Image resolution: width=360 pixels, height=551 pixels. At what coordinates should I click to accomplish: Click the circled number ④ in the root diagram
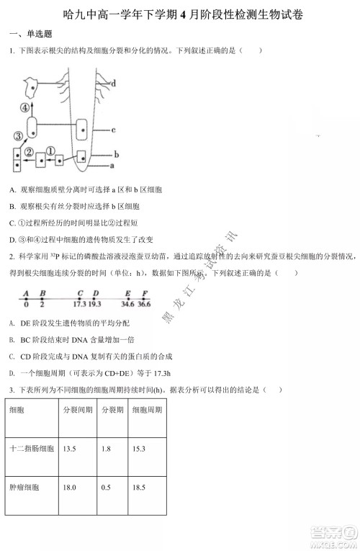point(26,107)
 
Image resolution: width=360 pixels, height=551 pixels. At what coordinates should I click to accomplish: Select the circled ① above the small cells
point(51,150)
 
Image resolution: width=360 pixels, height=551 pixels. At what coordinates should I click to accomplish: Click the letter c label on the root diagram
point(114,130)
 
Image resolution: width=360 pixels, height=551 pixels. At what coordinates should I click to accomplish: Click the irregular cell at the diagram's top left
point(32,85)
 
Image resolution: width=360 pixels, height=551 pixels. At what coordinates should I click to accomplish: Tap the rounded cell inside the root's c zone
point(84,127)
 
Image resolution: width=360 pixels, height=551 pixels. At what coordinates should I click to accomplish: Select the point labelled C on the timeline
point(79,293)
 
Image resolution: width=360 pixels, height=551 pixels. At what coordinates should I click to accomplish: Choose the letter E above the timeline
point(127,293)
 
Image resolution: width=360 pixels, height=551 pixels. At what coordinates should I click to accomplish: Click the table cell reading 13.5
point(70,449)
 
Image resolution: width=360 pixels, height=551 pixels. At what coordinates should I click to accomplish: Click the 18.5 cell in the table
point(138,488)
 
